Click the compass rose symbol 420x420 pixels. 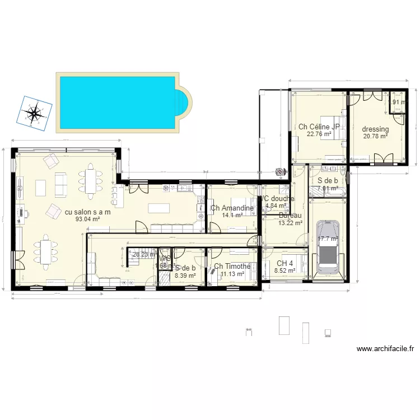(x=35, y=113)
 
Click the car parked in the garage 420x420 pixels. (x=327, y=248)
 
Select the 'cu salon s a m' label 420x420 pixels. (x=88, y=212)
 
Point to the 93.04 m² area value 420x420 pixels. (x=88, y=220)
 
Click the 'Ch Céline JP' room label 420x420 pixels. (x=319, y=127)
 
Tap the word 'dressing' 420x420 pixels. (x=375, y=129)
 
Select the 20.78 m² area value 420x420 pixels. (x=375, y=136)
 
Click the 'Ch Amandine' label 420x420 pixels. (x=232, y=208)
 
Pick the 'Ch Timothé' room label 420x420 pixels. (x=232, y=267)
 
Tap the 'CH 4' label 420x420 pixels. (x=285, y=263)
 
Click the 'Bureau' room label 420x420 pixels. (x=290, y=216)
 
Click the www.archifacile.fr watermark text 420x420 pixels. (x=385, y=348)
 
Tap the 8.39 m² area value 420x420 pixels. (x=185, y=275)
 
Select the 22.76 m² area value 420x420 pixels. (x=319, y=134)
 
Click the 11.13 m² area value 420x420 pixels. (x=232, y=274)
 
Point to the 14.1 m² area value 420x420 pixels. (x=232, y=215)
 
